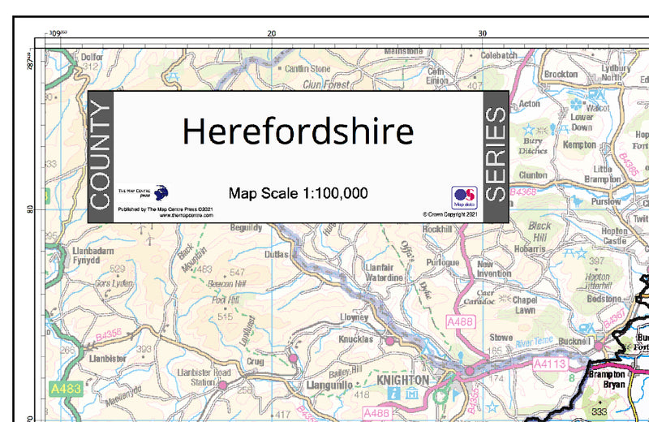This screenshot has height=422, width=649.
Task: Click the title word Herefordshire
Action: [297, 131]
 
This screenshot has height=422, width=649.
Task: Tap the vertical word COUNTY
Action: [99, 157]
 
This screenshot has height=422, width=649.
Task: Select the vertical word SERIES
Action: [495, 157]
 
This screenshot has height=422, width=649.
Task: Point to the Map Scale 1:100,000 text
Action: [298, 193]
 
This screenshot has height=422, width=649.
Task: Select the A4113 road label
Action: [548, 366]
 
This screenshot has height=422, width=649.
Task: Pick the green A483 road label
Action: [64, 390]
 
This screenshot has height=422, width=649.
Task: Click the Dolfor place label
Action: [91, 58]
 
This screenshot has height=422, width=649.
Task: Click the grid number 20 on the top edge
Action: [272, 33]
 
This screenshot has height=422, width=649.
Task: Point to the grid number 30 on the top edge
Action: [482, 33]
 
